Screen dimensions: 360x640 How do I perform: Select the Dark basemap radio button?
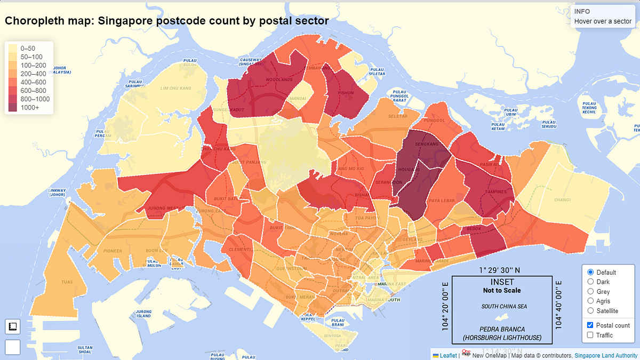(x=590, y=282)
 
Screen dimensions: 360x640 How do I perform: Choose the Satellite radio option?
(x=590, y=310)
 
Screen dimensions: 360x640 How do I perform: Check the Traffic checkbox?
(x=590, y=335)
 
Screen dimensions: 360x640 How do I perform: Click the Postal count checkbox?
(x=590, y=325)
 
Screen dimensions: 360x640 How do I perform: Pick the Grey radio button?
(x=590, y=291)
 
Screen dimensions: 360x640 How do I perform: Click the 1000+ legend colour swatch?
(x=13, y=108)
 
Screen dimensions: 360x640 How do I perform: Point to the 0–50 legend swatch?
(x=13, y=48)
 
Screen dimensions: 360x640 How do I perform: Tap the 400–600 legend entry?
(x=13, y=82)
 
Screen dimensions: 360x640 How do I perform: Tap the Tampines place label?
(x=495, y=192)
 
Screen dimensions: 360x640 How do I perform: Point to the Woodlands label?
(x=283, y=80)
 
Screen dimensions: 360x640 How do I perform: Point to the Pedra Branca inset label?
(x=501, y=330)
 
